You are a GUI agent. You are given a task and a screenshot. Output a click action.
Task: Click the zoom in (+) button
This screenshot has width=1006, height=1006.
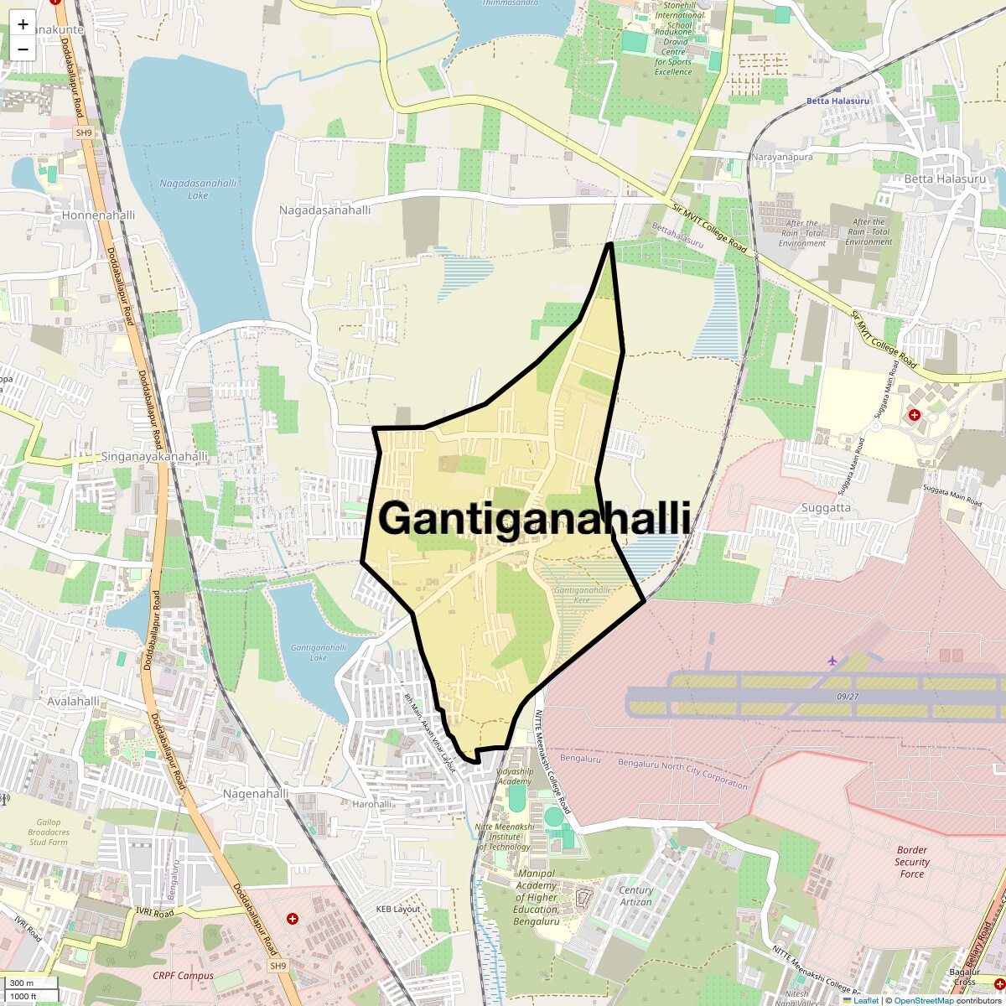pyautogui.click(x=23, y=24)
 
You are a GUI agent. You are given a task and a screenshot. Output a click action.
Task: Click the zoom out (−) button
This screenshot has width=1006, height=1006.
pyautogui.click(x=23, y=49)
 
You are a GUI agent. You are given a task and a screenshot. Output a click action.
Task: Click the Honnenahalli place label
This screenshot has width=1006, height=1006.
pyautogui.click(x=98, y=215)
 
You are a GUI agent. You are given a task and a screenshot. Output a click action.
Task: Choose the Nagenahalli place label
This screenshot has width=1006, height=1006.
pyautogui.click(x=256, y=793)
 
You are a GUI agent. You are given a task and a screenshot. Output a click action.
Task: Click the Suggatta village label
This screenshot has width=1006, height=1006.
pyautogui.click(x=826, y=507)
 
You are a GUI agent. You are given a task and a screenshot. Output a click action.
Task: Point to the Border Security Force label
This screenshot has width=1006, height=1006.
pyautogui.click(x=911, y=862)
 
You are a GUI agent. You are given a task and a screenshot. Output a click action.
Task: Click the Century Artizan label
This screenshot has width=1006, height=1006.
pyautogui.click(x=635, y=896)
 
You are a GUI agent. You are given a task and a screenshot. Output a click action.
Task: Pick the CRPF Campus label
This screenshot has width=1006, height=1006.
pyautogui.click(x=183, y=976)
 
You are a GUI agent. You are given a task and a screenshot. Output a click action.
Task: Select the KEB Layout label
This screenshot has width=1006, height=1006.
pyautogui.click(x=397, y=910)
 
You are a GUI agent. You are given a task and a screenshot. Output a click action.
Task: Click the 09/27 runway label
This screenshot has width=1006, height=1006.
pyautogui.click(x=848, y=696)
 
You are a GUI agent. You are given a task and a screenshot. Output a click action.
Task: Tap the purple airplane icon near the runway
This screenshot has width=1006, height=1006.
pyautogui.click(x=832, y=661)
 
